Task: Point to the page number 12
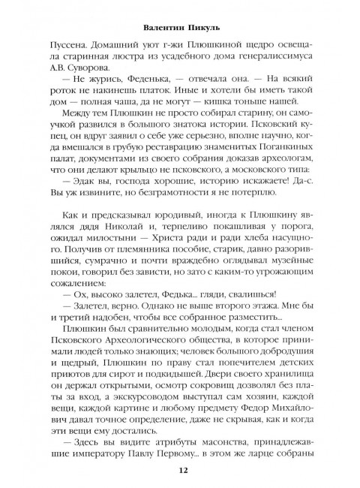click(x=180, y=471)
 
